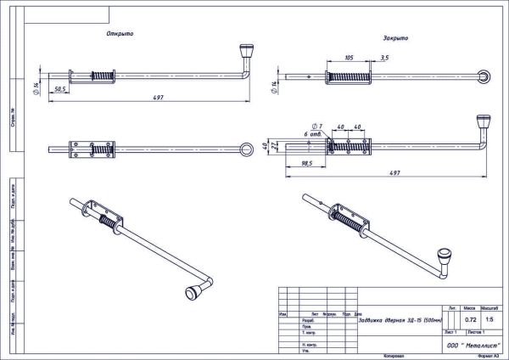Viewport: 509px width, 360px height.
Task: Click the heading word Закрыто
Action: click(x=395, y=38)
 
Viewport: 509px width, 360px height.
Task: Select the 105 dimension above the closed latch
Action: click(x=350, y=59)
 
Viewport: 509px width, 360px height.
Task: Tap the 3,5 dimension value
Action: click(x=385, y=59)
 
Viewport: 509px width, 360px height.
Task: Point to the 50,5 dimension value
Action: click(x=60, y=89)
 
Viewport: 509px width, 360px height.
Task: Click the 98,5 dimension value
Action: click(x=305, y=163)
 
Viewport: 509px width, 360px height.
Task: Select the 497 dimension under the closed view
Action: click(x=394, y=173)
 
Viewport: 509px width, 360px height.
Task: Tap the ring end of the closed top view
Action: click(x=484, y=76)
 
